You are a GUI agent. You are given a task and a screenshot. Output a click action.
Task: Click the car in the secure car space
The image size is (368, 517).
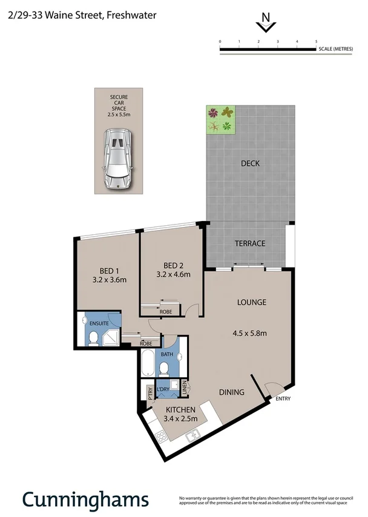(118, 159)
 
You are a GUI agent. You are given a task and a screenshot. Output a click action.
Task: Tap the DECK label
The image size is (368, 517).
(250, 163)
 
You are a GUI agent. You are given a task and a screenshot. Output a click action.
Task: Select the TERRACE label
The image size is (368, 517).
(250, 243)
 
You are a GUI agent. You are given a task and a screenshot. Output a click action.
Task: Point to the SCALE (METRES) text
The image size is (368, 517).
(340, 50)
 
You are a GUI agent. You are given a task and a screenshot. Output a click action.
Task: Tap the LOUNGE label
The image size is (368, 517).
(251, 302)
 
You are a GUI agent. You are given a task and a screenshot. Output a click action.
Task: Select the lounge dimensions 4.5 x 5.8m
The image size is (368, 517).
(250, 332)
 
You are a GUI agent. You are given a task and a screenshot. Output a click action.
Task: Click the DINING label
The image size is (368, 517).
(231, 392)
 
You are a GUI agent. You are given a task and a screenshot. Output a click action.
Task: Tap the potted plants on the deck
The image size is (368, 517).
(220, 119)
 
